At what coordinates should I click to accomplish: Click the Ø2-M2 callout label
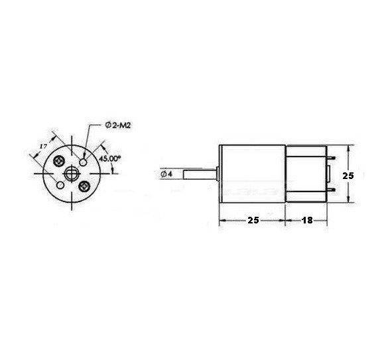pos(118,125)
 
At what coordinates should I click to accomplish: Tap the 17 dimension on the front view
pos(43,146)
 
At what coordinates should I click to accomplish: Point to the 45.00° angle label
pos(109,158)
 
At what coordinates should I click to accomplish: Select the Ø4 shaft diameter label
pos(166,174)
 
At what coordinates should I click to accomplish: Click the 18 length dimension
pos(307,220)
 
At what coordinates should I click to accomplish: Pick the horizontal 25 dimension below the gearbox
pos(253,220)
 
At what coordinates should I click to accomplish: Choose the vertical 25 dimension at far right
pos(348,176)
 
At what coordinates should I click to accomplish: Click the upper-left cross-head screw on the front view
pos(60,160)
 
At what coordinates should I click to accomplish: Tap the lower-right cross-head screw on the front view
pos(84,187)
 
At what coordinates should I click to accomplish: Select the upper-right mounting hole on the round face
pos(84,162)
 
